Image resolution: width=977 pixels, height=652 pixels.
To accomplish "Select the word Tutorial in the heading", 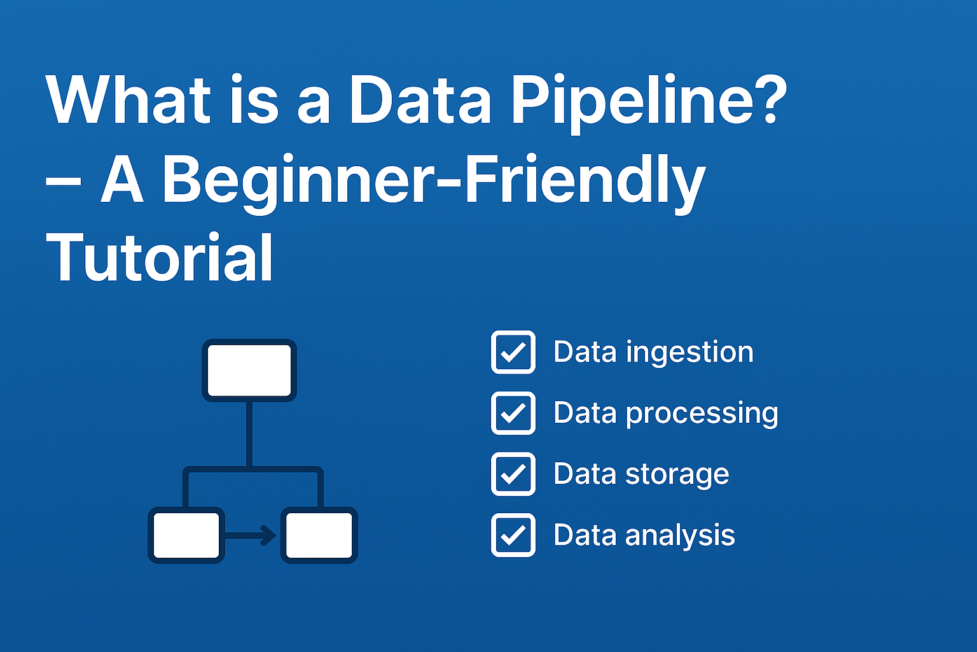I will click(160, 258).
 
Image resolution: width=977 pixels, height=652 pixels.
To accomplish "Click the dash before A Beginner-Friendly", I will click(63, 181).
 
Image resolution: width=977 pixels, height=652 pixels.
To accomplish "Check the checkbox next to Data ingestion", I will click(513, 352).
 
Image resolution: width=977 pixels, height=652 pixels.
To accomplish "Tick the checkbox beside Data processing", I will click(513, 413).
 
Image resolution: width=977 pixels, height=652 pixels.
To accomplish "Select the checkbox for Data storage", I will click(513, 474).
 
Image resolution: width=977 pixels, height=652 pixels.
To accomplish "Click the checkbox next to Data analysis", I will click(513, 535).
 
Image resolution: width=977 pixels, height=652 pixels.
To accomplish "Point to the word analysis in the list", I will click(680, 535).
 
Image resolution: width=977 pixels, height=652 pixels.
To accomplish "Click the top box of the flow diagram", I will click(249, 371).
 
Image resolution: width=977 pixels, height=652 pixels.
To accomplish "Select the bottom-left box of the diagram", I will click(186, 535).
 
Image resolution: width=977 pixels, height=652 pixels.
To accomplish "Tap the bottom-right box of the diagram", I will click(319, 535).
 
